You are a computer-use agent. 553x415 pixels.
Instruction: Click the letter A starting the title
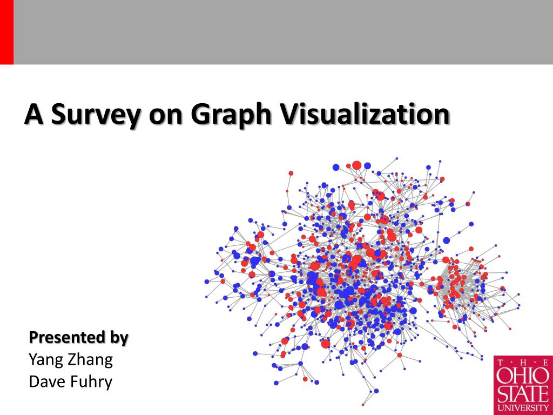[33, 115]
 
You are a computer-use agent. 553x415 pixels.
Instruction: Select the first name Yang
[46, 359]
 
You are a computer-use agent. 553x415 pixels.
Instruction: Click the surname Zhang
[91, 359]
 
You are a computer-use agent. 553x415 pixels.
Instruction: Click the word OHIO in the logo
[523, 374]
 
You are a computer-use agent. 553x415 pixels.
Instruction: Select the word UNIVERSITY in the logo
[523, 407]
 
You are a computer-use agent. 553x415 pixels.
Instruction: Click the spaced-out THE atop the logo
[523, 362]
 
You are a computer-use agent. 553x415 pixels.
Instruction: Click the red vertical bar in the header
[6, 32]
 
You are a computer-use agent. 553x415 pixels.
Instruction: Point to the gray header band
[281, 32]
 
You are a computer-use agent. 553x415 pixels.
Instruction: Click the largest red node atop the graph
[356, 165]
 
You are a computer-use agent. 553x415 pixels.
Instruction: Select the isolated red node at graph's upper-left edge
[291, 173]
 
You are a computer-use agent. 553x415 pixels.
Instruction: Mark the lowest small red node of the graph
[363, 404]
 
